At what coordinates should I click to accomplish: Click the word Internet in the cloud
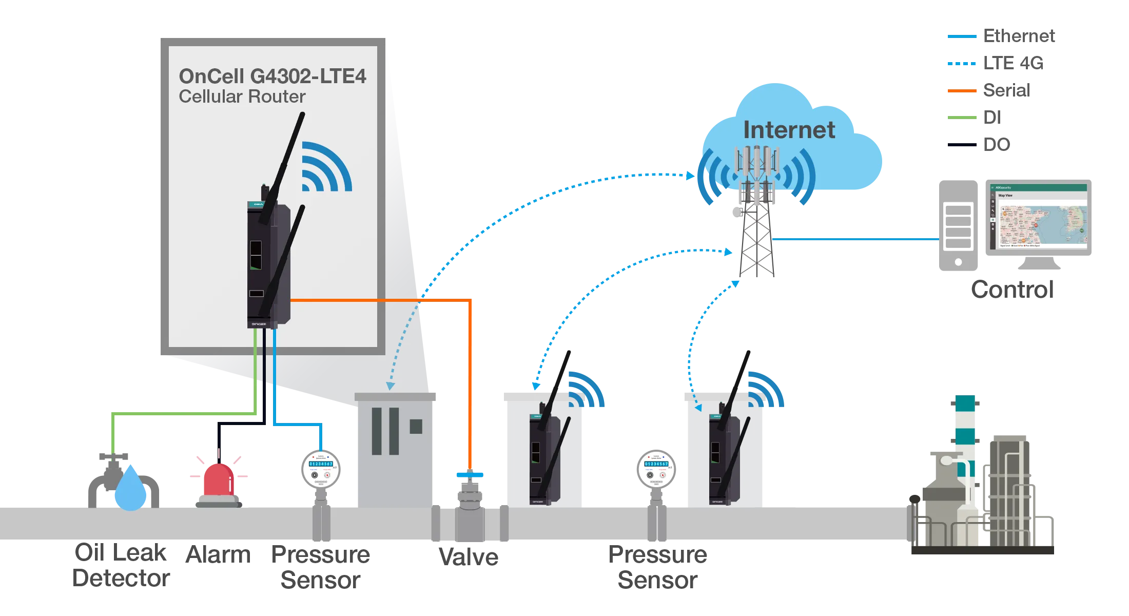[x=789, y=130]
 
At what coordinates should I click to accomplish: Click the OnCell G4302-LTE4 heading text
[x=272, y=76]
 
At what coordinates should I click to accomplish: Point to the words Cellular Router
[x=242, y=97]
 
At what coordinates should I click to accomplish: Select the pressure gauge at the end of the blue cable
[x=321, y=469]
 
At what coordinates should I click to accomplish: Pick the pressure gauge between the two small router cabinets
[x=656, y=469]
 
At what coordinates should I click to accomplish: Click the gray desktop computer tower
[x=958, y=224]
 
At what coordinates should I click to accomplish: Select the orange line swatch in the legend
[x=960, y=91]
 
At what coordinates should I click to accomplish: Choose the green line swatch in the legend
[x=960, y=117]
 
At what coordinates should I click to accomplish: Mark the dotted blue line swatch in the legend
[x=960, y=64]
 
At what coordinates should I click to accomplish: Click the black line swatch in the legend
[x=960, y=144]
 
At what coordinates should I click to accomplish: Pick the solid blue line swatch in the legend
[x=960, y=37]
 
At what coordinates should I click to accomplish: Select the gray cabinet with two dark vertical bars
[x=396, y=447]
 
